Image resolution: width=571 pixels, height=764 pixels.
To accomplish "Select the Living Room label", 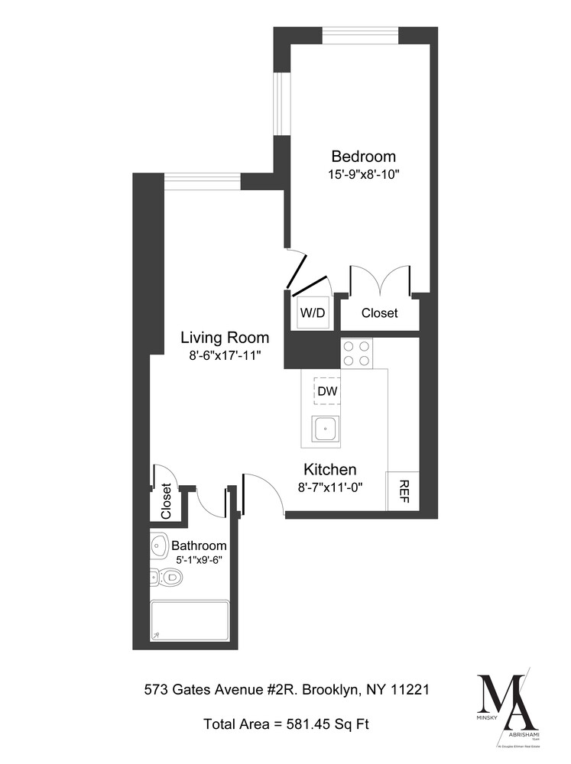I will coord(225,337).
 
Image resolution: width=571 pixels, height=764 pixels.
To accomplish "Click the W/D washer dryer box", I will coord(312,313).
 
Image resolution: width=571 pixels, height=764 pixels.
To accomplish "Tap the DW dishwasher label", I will coord(327,392).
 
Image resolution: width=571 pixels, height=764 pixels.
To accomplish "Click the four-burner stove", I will coord(356,353).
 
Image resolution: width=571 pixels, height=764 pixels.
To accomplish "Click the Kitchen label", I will coord(330,469).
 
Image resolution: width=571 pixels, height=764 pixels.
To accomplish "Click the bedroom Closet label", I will coord(379,313).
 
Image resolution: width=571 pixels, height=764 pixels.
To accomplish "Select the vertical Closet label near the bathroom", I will coord(166,500).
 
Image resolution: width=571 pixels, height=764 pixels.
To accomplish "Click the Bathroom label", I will coord(199,545).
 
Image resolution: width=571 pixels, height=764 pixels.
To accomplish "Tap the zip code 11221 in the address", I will coord(411,690).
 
